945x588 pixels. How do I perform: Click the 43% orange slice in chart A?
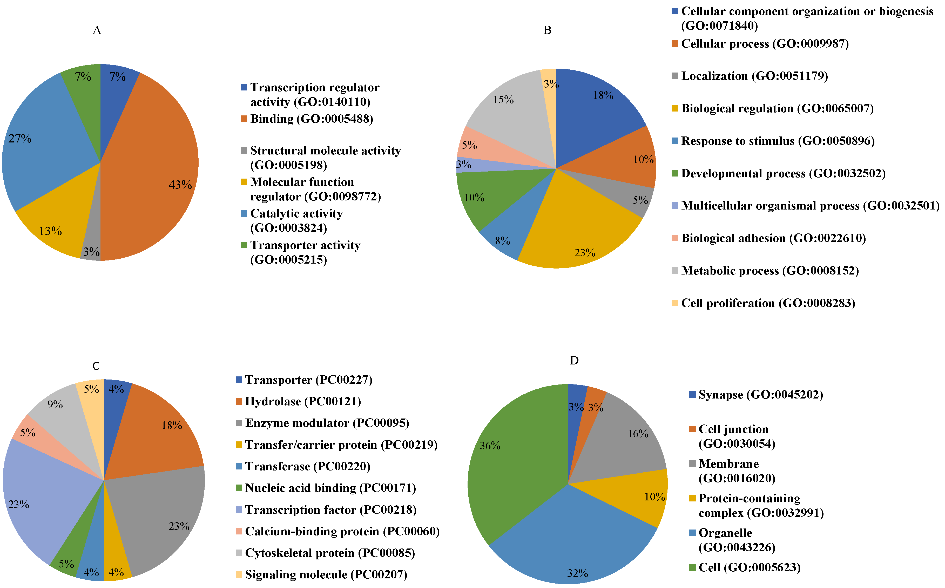155,163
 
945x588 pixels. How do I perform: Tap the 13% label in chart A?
50,231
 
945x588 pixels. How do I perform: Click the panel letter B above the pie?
547,30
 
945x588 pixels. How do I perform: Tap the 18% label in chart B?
603,95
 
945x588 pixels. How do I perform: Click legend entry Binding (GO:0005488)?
312,119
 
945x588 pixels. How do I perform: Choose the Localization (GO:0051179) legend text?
754,76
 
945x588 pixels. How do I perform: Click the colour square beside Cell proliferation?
675,303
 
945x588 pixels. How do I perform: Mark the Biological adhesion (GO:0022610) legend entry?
773,238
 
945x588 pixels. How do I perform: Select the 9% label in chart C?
55,404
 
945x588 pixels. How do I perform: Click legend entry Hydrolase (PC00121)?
303,401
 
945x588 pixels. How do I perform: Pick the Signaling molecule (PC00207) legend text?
326,574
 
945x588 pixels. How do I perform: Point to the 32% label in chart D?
577,573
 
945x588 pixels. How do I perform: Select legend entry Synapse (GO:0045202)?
760,395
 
